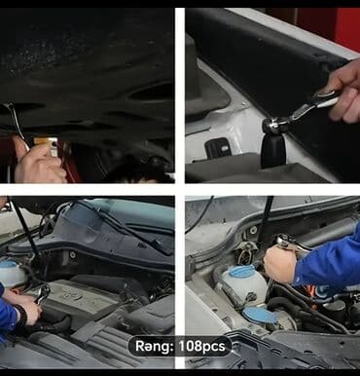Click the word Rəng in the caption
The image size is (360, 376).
(x=153, y=347)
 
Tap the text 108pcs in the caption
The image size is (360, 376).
(x=202, y=346)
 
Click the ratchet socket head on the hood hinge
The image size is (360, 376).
(x=271, y=125)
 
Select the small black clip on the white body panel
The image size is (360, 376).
(x=218, y=148)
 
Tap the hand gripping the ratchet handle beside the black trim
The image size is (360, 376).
(x=343, y=92)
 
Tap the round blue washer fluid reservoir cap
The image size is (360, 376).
(x=242, y=271)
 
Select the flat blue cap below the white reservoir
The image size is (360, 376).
(x=260, y=315)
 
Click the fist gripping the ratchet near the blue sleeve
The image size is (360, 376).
(x=280, y=264)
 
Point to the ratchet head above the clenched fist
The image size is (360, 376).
(x=286, y=242)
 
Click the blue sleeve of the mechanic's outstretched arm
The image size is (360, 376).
(x=327, y=263)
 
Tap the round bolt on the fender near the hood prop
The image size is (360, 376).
(x=253, y=230)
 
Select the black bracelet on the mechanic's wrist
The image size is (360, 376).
(x=21, y=315)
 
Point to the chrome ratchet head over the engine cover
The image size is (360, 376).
(x=43, y=293)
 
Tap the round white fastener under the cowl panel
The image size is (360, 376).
(x=73, y=255)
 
